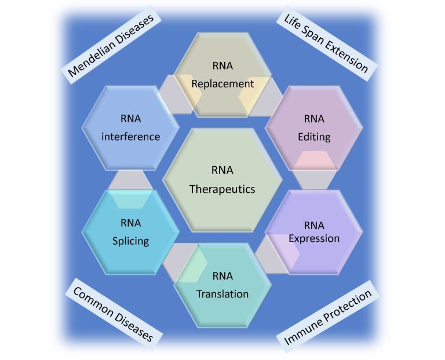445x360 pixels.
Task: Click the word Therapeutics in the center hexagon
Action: click(222, 189)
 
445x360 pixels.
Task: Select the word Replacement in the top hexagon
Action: click(222, 84)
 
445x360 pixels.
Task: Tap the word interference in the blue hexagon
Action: click(130, 137)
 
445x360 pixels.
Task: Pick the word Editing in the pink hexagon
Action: click(314, 137)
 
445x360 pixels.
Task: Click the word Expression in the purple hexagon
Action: click(314, 238)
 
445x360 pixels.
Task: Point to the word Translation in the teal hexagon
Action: click(222, 294)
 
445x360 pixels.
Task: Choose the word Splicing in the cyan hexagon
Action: click(130, 241)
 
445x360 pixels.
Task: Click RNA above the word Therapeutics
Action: click(222, 170)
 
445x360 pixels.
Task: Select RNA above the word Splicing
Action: click(130, 223)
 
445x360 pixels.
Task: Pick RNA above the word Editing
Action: click(314, 119)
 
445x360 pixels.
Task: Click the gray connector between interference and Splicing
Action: click(130, 180)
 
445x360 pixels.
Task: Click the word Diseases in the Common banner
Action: click(133, 326)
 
